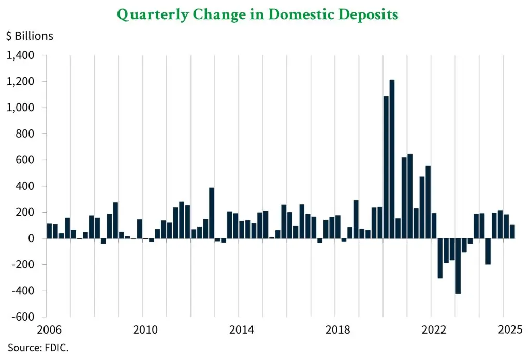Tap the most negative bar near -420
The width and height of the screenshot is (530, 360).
pyautogui.click(x=458, y=266)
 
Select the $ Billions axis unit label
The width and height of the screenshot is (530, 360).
pyautogui.click(x=30, y=36)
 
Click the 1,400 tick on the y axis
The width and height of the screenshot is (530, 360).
pyautogui.click(x=20, y=55)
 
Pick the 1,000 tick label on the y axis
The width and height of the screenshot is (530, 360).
pyautogui.click(x=20, y=108)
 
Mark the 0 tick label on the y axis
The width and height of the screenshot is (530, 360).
pyautogui.click(x=31, y=238)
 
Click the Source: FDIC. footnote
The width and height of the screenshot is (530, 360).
pyautogui.click(x=38, y=348)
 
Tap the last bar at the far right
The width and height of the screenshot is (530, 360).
pyautogui.click(x=512, y=232)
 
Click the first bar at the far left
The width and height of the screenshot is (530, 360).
pyautogui.click(x=49, y=231)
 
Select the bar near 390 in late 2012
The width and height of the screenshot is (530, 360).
pyautogui.click(x=212, y=213)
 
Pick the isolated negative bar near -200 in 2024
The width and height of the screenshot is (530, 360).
pyautogui.click(x=488, y=251)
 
